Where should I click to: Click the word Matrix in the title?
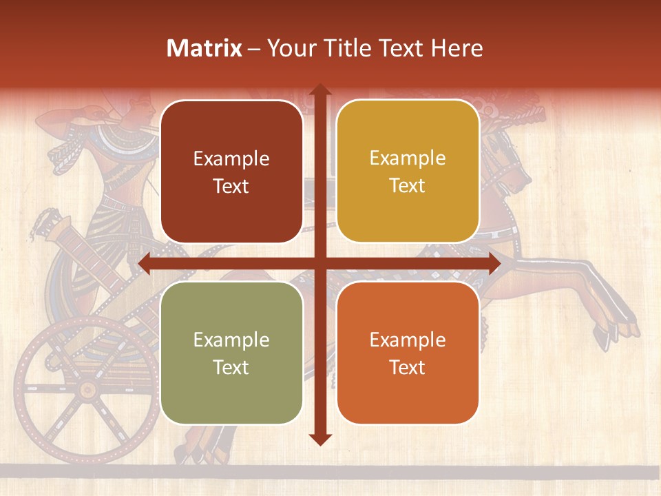tap(204, 48)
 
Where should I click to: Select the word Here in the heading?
tap(457, 48)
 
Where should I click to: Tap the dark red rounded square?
tap(231, 171)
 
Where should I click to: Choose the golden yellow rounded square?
tap(408, 171)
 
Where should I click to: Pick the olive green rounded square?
tap(231, 353)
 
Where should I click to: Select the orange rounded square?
tap(408, 353)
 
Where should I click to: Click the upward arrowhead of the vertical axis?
tap(319, 90)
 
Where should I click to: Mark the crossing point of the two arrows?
tap(319, 264)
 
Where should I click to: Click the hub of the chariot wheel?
tap(87, 389)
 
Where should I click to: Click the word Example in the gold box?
tap(408, 158)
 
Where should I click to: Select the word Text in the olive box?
tap(231, 367)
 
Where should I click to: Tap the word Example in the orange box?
tap(408, 340)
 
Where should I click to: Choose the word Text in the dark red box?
tap(231, 186)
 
